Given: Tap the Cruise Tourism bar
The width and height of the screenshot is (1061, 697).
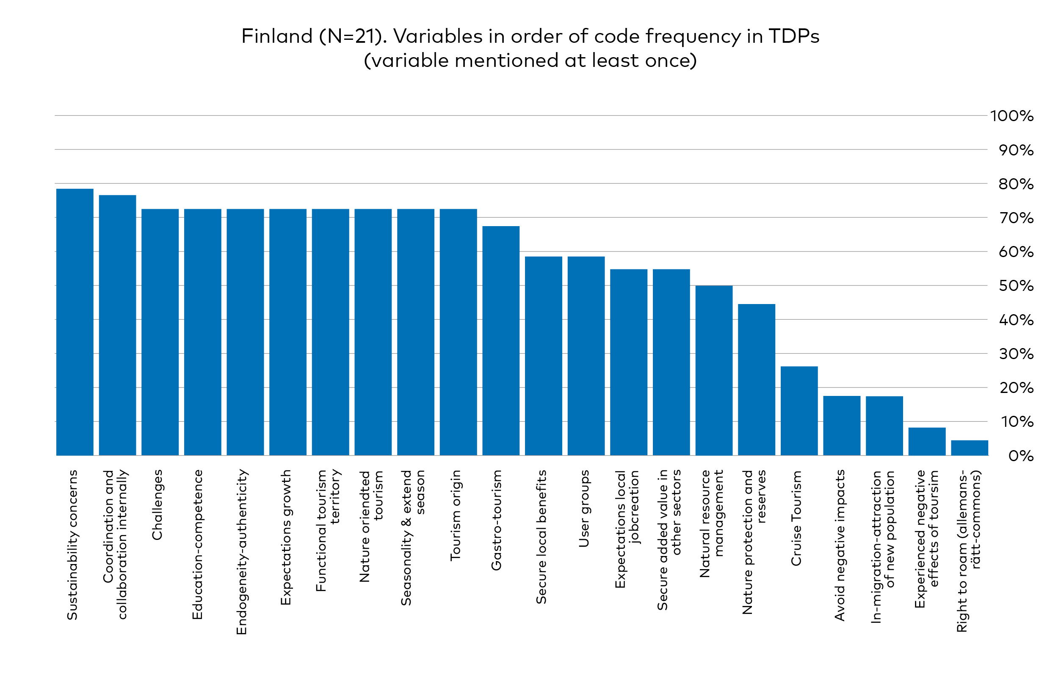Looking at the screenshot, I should coord(799,411).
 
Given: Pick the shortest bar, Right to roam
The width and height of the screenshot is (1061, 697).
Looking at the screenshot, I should coord(969,448).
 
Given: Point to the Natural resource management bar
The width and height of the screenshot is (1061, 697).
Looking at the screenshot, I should coord(714,370).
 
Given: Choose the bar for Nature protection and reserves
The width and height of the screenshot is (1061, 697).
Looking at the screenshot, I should coord(757,379).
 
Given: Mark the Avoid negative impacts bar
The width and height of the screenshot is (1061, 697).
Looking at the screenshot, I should coord(842,426).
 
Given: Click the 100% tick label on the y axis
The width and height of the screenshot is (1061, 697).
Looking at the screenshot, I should coord(1011,116).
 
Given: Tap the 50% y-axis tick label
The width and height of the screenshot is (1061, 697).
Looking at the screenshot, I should coord(1016,286).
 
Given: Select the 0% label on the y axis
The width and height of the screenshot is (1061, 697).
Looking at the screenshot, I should coord(1020,456).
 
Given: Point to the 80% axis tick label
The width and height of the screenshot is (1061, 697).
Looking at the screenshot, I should coord(1016,184).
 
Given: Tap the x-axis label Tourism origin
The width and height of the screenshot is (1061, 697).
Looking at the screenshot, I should coord(455,515).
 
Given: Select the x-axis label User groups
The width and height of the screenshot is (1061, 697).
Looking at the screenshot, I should coord(583,509).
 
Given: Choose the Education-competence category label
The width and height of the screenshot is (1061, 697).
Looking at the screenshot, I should coord(197,544).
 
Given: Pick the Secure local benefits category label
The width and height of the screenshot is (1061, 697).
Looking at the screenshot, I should coord(541,537).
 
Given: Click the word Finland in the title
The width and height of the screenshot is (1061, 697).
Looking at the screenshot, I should coord(277,36).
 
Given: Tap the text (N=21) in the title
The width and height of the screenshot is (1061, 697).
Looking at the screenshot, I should coord(353,36).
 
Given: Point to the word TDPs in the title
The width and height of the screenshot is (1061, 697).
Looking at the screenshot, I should coord(794,36).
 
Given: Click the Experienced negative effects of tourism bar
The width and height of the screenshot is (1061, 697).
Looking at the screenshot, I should coord(927,442).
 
